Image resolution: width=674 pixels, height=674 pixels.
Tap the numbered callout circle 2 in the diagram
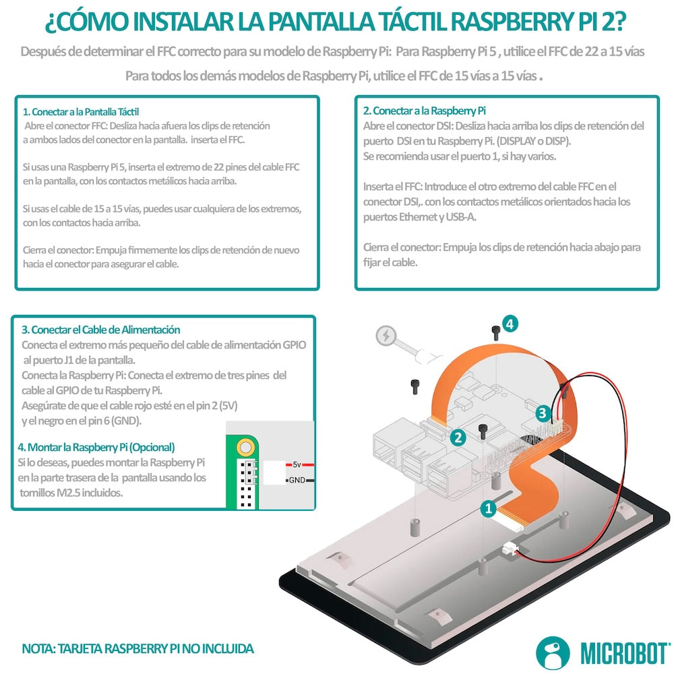pyautogui.click(x=458, y=437)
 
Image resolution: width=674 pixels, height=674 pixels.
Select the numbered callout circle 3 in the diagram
pyautogui.click(x=543, y=412)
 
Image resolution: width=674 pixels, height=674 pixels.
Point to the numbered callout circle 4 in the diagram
pyautogui.click(x=510, y=324)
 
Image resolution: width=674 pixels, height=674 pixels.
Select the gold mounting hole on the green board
pyautogui.click(x=246, y=446)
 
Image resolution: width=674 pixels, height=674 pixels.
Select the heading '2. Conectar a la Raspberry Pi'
pyautogui.click(x=425, y=111)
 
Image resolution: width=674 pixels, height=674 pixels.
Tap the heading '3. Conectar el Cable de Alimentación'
pyautogui.click(x=101, y=330)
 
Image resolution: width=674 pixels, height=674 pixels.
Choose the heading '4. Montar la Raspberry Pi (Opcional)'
pyautogui.click(x=96, y=447)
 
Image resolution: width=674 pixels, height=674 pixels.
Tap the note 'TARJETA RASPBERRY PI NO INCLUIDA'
pyautogui.click(x=156, y=649)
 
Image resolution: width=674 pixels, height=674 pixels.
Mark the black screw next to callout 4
pyautogui.click(x=496, y=331)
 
